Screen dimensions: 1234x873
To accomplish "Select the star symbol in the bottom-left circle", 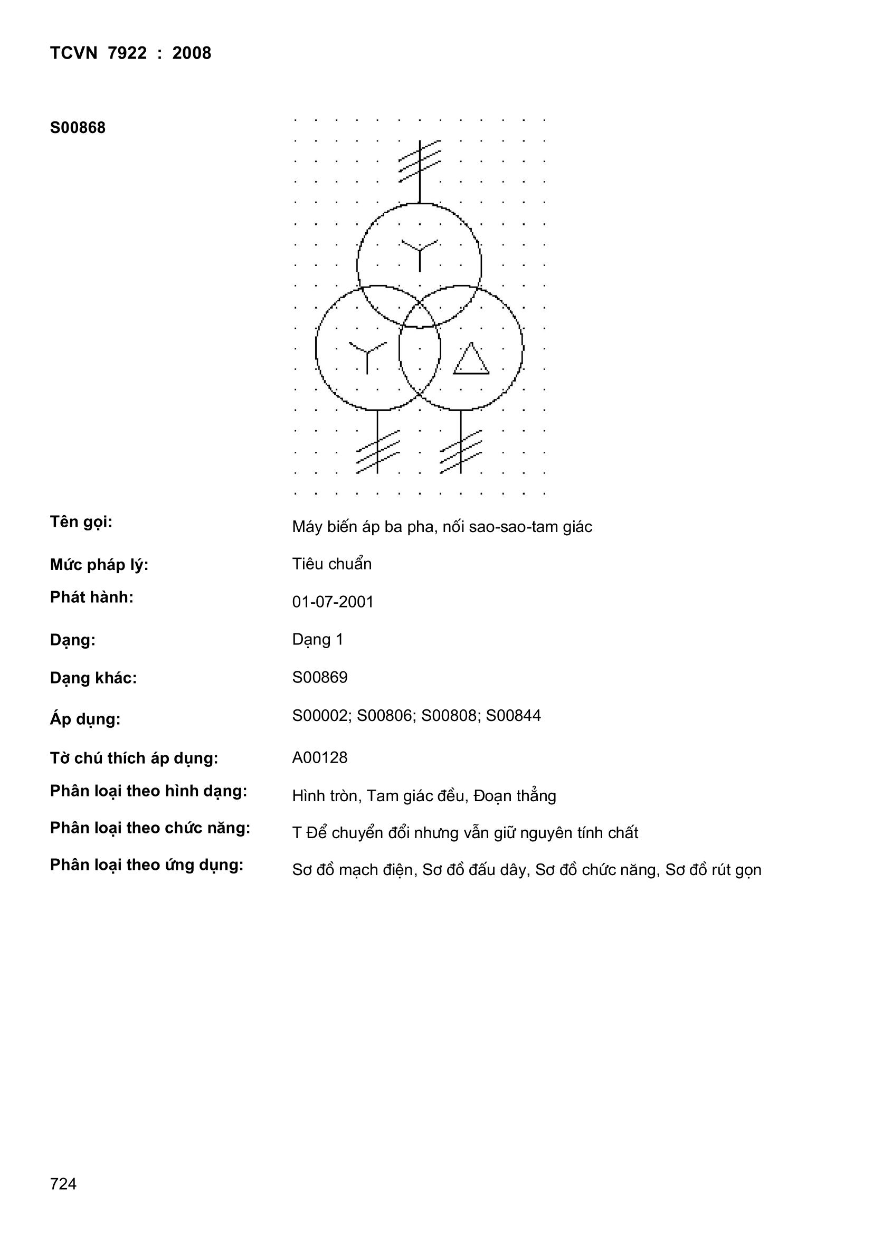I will pos(367,355).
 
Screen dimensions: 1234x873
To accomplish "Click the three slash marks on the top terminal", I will pos(420,160).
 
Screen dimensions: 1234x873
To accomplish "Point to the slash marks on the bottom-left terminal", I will pos(378,451).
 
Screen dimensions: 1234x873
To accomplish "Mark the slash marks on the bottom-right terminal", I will pos(461,451).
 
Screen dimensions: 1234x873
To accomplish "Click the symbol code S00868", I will pos(78,128).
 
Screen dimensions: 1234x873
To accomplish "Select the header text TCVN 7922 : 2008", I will pos(130,53).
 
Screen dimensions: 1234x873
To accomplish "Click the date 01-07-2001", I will pos(333,602).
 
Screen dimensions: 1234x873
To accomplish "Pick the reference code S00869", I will pos(320,677).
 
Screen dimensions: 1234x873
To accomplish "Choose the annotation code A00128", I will pos(320,758).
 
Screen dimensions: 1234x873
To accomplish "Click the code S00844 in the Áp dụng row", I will pos(513,716).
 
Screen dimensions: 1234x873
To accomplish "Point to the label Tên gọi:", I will pos(81,522).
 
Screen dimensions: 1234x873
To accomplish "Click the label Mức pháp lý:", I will pos(99,565).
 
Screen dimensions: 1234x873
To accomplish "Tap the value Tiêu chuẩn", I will pos(331,564).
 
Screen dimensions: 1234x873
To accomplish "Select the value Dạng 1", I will pos(317,640).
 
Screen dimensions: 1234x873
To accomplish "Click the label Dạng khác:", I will pos(93,678).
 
